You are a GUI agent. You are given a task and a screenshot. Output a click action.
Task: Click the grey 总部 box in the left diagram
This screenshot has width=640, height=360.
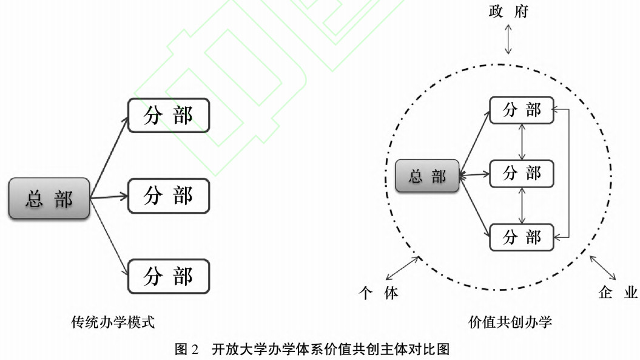[x=49, y=199]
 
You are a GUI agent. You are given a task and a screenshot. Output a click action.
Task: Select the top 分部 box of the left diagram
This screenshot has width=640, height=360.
[x=168, y=115]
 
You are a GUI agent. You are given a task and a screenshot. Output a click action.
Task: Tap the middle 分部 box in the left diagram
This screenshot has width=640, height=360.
[x=168, y=196]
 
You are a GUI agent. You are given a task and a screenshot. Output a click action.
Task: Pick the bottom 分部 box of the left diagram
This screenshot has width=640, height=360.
[x=168, y=276]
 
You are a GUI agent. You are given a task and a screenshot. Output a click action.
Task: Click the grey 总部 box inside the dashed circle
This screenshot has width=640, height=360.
[x=427, y=176]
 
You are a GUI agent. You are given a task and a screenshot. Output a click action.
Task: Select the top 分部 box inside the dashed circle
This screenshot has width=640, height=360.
[x=522, y=110]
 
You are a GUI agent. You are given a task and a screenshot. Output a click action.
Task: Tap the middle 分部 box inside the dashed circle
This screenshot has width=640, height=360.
[x=522, y=174]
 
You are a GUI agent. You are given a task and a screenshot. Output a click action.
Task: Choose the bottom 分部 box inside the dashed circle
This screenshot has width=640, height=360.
[x=522, y=237]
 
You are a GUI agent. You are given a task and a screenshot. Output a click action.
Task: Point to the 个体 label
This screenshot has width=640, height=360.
[x=379, y=294]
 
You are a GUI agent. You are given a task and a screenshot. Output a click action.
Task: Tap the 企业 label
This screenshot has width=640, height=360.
[x=618, y=294]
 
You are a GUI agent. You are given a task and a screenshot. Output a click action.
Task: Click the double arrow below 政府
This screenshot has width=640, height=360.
[x=509, y=42]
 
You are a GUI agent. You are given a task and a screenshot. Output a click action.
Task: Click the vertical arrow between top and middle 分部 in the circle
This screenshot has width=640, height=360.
[x=522, y=142]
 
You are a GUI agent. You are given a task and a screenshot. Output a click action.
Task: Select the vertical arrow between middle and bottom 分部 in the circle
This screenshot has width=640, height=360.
[x=522, y=206]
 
